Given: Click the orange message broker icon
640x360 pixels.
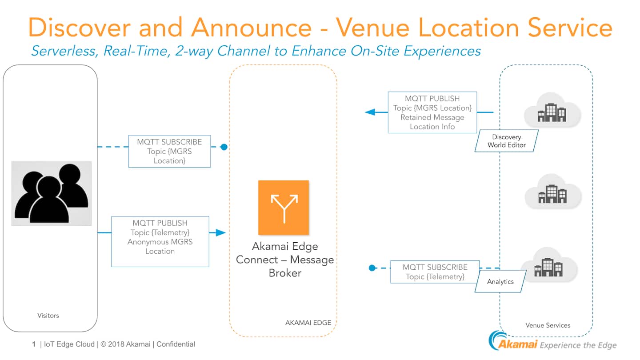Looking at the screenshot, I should tap(284, 208).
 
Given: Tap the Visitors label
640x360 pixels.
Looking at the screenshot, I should tap(48, 316).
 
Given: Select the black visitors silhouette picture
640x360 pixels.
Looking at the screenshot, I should tap(51, 193).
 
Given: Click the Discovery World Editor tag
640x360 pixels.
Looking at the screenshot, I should tap(507, 141).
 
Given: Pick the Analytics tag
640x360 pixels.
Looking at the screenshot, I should tap(500, 282).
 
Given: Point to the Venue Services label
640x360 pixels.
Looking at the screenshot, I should tap(548, 325).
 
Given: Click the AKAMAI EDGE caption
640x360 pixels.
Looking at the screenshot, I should tap(308, 323).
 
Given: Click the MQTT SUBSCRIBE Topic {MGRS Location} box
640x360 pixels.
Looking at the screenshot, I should tap(169, 152).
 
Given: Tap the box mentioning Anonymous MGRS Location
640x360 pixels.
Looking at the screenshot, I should tap(160, 242).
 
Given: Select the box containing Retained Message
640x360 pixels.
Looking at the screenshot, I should tap(432, 112).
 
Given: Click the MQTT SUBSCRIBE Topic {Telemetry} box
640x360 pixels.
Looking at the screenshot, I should tap(435, 272).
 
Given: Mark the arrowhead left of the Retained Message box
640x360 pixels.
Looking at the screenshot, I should tap(370, 112).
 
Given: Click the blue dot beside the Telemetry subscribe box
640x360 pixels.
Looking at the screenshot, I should tap(372, 268).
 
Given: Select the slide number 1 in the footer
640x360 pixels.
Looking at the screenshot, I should tap(34, 344).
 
